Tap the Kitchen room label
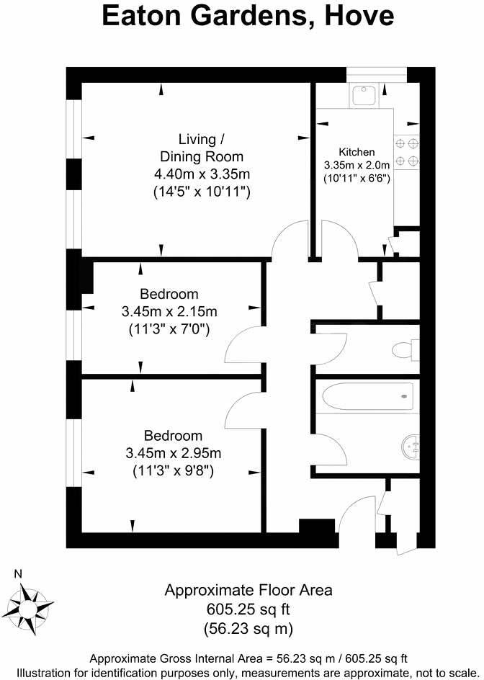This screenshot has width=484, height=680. [357, 152]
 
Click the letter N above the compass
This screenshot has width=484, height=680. [19, 574]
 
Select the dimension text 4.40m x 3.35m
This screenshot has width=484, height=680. [202, 174]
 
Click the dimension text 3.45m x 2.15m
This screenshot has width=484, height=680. [169, 312]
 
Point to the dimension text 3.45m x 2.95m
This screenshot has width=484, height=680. [173, 454]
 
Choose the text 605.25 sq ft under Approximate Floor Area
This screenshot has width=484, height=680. [248, 610]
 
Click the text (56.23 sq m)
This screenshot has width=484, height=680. [248, 629]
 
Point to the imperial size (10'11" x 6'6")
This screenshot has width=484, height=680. [357, 177]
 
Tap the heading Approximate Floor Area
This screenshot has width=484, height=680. [248, 591]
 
